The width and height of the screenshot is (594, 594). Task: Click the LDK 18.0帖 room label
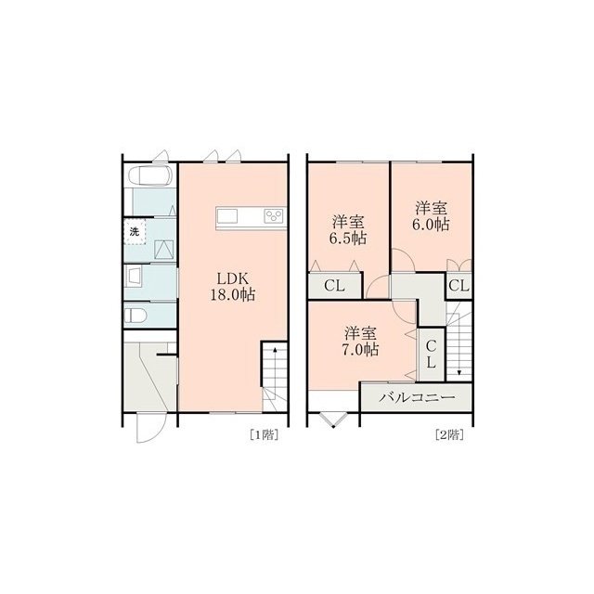pyautogui.click(x=233, y=287)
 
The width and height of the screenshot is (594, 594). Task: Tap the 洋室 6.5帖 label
pyautogui.click(x=349, y=230)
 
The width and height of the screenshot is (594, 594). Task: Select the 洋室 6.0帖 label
pyautogui.click(x=432, y=216)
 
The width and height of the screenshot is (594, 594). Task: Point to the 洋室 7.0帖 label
pyautogui.click(x=361, y=341)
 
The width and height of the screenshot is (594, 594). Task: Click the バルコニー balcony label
pyautogui.click(x=418, y=397)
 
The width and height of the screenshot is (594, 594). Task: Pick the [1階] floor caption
pyautogui.click(x=264, y=434)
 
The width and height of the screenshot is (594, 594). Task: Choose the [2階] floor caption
pyautogui.click(x=449, y=434)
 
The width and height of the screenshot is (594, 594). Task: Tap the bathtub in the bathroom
pyautogui.click(x=150, y=175)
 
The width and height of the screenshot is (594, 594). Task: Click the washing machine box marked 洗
pyautogui.click(x=135, y=232)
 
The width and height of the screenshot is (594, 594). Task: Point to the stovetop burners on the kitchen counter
pyautogui.click(x=275, y=216)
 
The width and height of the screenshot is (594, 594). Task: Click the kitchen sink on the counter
pyautogui.click(x=226, y=216)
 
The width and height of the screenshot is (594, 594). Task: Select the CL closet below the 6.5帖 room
pyautogui.click(x=335, y=286)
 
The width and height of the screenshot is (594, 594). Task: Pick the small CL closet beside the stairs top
pyautogui.click(x=458, y=286)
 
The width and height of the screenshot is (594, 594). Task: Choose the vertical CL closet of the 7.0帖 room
pyautogui.click(x=431, y=355)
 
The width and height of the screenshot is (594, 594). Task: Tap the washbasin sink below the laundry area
pyautogui.click(x=134, y=276)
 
